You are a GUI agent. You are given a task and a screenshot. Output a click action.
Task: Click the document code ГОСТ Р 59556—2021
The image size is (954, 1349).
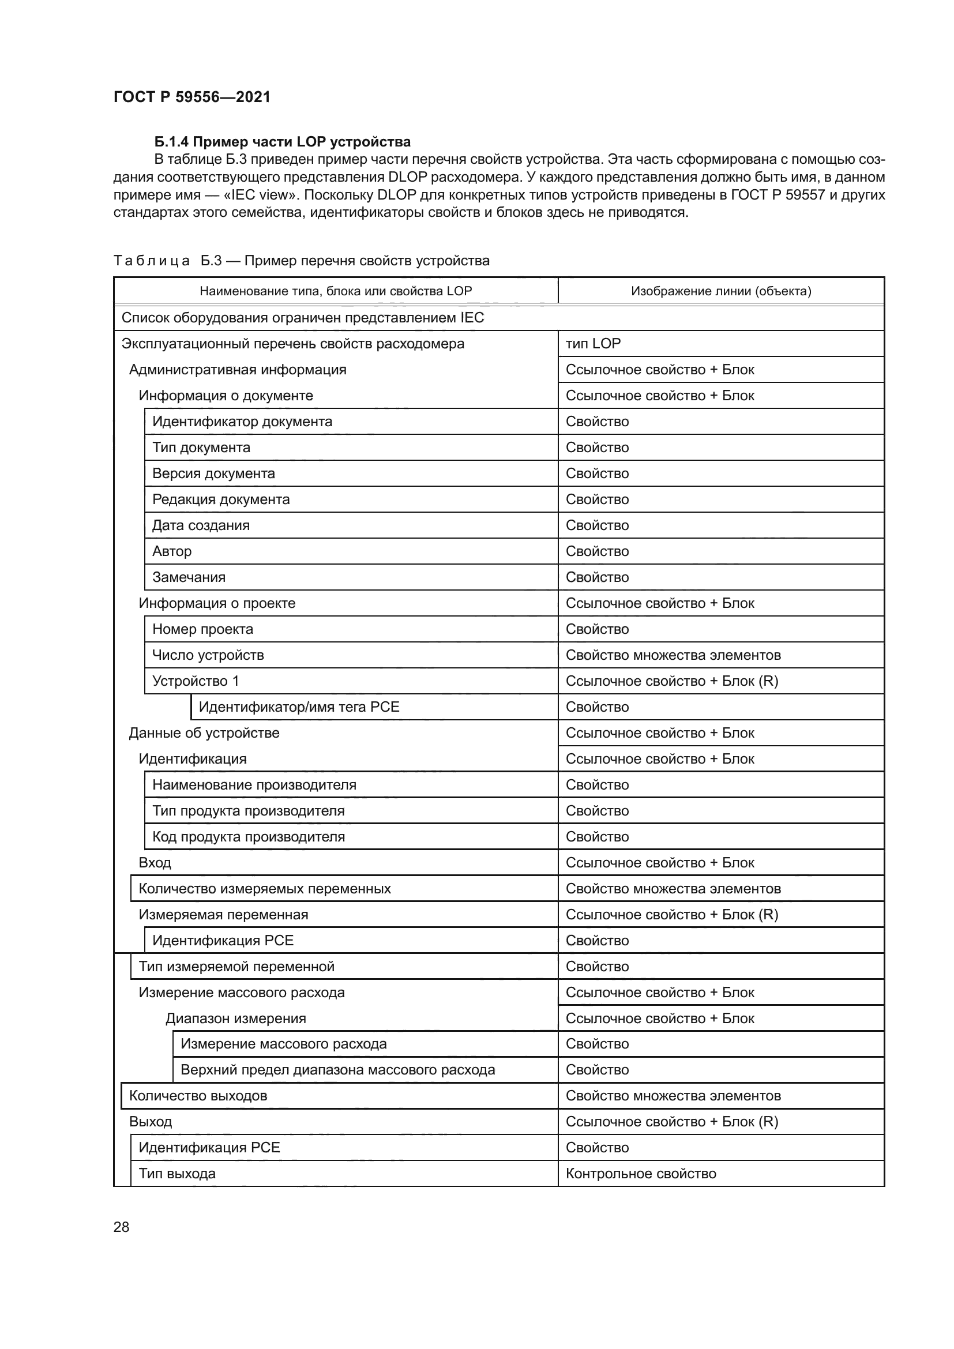click(192, 97)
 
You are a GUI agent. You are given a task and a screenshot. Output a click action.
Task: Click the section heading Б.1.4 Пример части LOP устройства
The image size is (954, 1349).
click(282, 142)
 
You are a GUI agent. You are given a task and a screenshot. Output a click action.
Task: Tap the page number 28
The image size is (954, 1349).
click(121, 1227)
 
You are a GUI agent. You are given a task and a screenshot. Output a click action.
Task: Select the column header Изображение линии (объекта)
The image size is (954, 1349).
click(721, 291)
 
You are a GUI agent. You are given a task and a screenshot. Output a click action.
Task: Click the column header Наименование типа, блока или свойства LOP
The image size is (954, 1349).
click(336, 291)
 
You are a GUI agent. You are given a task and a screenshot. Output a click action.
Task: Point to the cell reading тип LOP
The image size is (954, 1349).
click(593, 344)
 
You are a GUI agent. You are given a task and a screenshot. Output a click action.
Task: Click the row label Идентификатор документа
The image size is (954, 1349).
click(242, 421)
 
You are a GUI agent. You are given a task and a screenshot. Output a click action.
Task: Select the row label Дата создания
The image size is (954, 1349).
click(201, 525)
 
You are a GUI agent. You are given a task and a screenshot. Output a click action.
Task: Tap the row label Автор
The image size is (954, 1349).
click(171, 551)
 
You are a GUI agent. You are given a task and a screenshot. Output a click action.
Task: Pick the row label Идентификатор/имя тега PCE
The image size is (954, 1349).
click(299, 707)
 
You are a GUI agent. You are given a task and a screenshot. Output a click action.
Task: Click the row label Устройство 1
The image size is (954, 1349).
click(196, 681)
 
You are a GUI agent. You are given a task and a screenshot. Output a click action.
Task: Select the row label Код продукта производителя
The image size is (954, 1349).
click(249, 837)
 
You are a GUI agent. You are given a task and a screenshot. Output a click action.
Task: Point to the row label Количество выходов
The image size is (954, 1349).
click(198, 1096)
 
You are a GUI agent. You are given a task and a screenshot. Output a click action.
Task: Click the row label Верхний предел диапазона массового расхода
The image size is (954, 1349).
click(338, 1069)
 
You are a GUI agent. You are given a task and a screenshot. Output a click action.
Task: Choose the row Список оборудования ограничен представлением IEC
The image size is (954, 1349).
click(303, 318)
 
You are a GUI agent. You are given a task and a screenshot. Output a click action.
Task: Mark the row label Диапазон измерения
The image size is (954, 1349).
click(235, 1018)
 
